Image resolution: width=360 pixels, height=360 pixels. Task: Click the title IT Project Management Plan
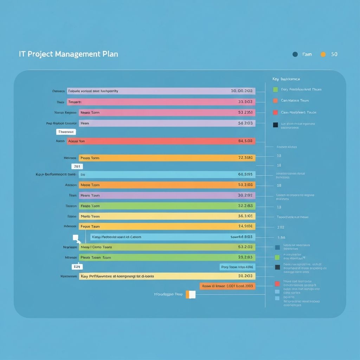[68, 54]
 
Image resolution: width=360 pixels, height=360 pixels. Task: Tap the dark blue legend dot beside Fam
[295, 54]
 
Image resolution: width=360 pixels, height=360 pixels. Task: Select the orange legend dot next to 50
[323, 54]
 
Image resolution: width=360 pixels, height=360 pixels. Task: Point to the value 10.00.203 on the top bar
[242, 91]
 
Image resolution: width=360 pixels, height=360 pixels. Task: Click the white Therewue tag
[66, 132]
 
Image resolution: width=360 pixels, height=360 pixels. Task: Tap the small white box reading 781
[77, 166]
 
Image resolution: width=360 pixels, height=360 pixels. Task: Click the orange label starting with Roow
[227, 286]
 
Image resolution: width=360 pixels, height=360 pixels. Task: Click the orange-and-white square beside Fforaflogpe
[190, 294]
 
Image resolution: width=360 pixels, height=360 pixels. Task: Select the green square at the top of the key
[275, 90]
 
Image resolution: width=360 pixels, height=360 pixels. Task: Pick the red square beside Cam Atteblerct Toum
[275, 112]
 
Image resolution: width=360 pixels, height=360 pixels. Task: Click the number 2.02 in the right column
[281, 227]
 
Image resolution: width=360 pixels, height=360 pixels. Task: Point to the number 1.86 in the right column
[281, 238]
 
